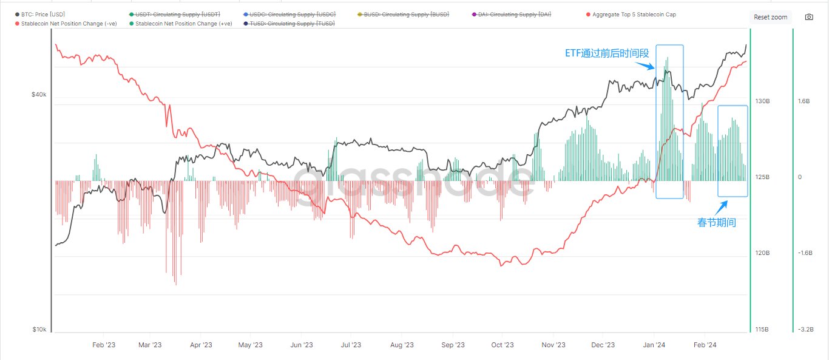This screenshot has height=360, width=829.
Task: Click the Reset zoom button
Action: (x=770, y=17)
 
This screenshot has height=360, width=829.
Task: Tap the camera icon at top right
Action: (x=809, y=17)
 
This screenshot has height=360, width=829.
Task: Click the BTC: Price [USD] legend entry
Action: (x=42, y=14)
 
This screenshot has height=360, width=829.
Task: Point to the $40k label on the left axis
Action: (x=39, y=95)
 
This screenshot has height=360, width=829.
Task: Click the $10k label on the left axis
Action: (x=39, y=330)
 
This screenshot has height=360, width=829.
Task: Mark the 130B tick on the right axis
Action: (x=762, y=101)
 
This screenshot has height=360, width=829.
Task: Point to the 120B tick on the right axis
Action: (x=762, y=253)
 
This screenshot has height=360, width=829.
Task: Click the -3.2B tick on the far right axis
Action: (x=806, y=330)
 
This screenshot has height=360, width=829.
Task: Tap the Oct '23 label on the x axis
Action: (x=502, y=345)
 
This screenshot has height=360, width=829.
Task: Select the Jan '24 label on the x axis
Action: (x=653, y=345)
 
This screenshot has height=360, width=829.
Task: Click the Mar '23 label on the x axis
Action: (x=150, y=345)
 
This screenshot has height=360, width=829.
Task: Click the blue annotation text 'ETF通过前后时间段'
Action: (x=607, y=53)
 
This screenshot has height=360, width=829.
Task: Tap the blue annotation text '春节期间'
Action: (x=716, y=223)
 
